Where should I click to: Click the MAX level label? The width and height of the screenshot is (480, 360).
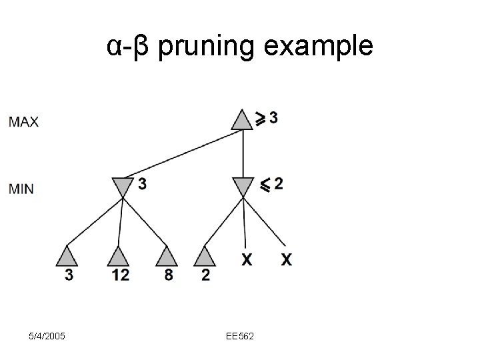tap(24, 122)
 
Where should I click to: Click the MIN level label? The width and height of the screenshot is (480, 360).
tap(21, 189)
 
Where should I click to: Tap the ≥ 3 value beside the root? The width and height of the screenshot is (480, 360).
tap(267, 118)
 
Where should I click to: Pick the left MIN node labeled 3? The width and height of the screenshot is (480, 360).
tap(121, 187)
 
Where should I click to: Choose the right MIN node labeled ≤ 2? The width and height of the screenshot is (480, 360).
tap(243, 187)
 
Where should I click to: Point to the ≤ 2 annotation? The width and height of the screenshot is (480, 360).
tap(272, 184)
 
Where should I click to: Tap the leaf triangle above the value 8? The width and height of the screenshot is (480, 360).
tap(167, 257)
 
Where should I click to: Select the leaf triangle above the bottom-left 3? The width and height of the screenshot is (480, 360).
tap(69, 257)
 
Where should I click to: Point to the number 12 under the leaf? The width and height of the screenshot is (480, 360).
tap(120, 275)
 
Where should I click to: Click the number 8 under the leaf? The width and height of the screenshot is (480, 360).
tap(168, 275)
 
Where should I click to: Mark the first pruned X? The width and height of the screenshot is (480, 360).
tap(247, 259)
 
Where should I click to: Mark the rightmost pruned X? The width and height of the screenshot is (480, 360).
tap(286, 259)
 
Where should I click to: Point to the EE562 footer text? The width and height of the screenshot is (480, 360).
tap(239, 336)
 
